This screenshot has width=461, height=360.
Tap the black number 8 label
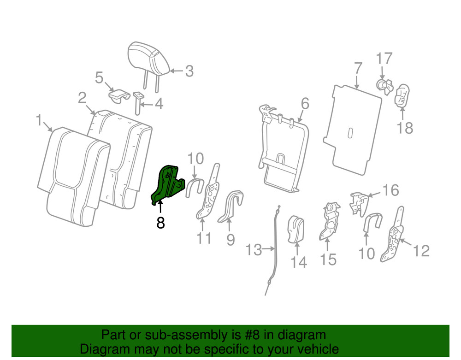(x=160, y=223)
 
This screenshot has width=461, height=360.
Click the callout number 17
(x=384, y=59)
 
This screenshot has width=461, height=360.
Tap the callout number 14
(x=298, y=262)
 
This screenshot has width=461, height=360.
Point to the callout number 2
(x=82, y=97)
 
